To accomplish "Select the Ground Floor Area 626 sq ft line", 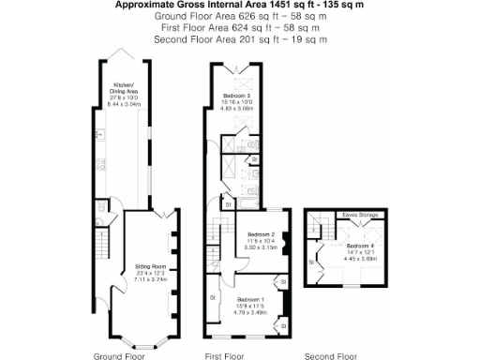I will coord(239,16).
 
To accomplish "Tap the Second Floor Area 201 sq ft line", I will coord(239,39).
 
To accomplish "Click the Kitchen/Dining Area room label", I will coord(124,87).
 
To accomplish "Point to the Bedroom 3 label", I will coord(236,97).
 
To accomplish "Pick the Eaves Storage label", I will coord(359,216).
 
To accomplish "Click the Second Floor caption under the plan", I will coord(333,356).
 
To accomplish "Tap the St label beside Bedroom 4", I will coord(312,262).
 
